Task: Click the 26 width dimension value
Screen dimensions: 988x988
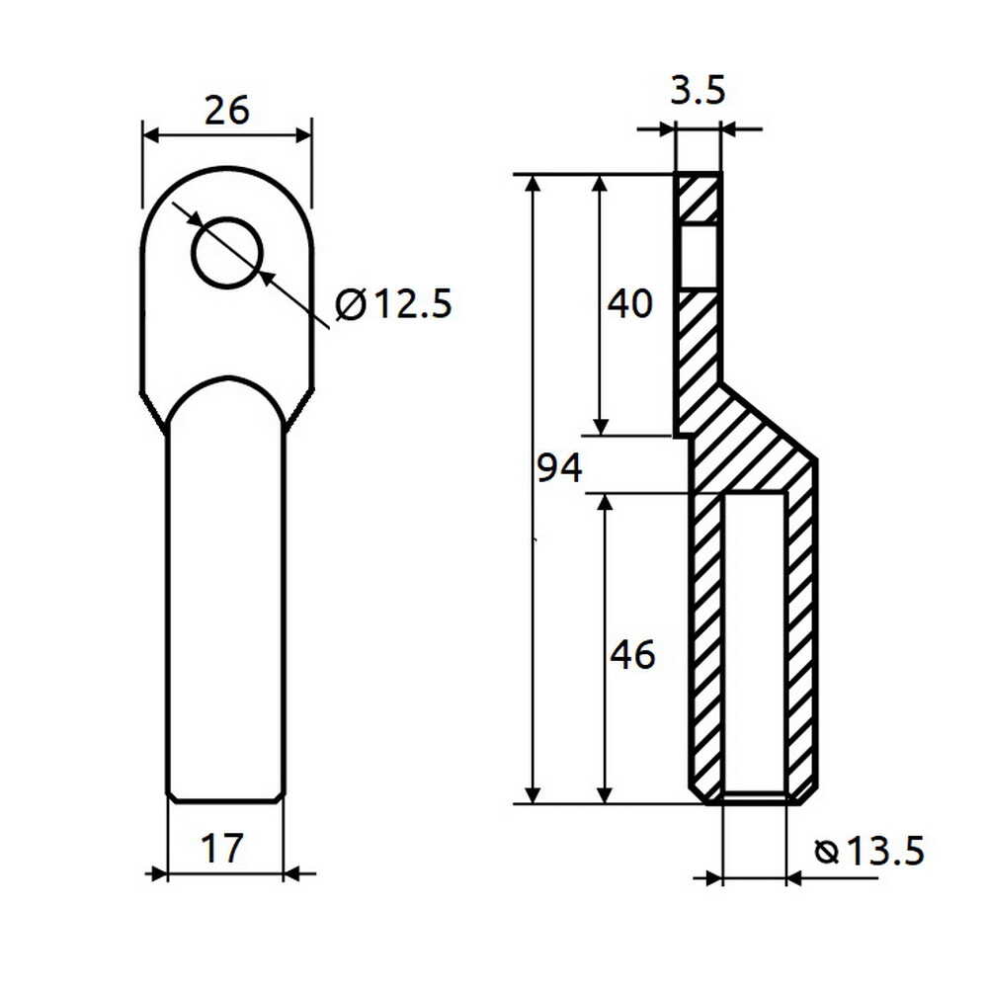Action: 226,110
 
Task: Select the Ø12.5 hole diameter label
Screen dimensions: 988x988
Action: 393,304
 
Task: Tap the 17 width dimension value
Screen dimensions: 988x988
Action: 223,848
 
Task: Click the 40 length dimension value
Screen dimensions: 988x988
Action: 629,304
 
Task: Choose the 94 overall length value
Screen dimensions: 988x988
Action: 559,468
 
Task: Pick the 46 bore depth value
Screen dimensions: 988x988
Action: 632,654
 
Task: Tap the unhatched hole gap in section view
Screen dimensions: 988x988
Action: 699,256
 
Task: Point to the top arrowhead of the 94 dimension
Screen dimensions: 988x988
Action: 534,185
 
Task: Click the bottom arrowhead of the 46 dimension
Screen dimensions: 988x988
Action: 606,794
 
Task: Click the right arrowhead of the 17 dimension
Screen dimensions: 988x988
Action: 293,873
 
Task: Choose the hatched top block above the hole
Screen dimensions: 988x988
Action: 699,199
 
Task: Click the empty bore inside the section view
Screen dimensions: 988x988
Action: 756,642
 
